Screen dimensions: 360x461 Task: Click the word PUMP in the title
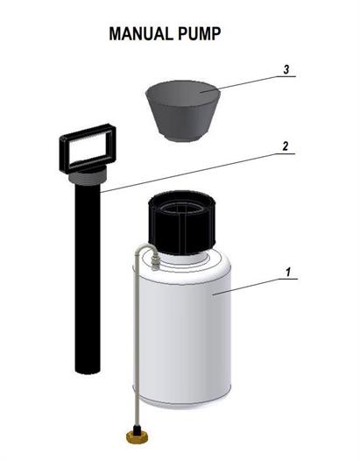point(199,34)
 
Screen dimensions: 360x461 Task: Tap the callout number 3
point(286,70)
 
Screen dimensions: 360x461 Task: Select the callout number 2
point(286,146)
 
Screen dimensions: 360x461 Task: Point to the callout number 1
point(288,272)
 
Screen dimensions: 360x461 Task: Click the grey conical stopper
point(183,111)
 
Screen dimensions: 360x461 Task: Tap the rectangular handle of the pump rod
point(88,148)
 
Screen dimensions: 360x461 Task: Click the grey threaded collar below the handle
point(87,176)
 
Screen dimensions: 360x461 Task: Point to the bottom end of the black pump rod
point(88,371)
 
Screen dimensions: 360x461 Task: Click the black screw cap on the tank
point(182,223)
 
